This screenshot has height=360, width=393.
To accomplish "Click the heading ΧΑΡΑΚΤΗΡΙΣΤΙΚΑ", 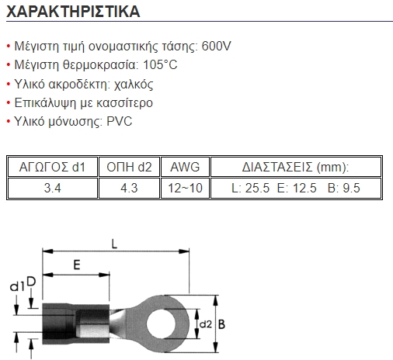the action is [x=73, y=12].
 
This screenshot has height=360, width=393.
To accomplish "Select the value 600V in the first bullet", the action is [x=216, y=46].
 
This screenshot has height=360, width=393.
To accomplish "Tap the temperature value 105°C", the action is [x=160, y=64].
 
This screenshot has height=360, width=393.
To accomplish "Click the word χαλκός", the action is [x=134, y=85].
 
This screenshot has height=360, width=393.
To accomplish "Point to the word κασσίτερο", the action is [x=124, y=103].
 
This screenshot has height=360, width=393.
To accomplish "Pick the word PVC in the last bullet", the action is [x=120, y=121].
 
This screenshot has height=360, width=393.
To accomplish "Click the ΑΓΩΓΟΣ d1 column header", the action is [x=52, y=167].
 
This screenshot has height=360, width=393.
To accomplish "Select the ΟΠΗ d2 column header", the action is [x=129, y=167].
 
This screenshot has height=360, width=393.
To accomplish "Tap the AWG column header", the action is [x=185, y=167].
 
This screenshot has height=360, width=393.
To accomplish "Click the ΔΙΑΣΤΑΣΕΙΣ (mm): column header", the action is [x=296, y=167].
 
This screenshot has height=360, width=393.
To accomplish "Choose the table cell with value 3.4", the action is [x=52, y=188].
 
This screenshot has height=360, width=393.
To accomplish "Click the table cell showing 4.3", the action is [x=129, y=188].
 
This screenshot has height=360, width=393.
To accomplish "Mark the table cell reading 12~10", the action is [x=185, y=188].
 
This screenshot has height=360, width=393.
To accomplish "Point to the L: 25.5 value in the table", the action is [x=250, y=188].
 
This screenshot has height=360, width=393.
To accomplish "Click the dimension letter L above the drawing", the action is [x=114, y=244].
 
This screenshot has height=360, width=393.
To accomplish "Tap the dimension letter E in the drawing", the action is [x=77, y=265].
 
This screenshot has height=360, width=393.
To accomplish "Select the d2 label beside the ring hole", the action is [x=206, y=324].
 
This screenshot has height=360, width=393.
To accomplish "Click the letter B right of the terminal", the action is [x=221, y=324].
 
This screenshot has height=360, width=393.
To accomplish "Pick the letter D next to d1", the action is [x=31, y=282].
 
